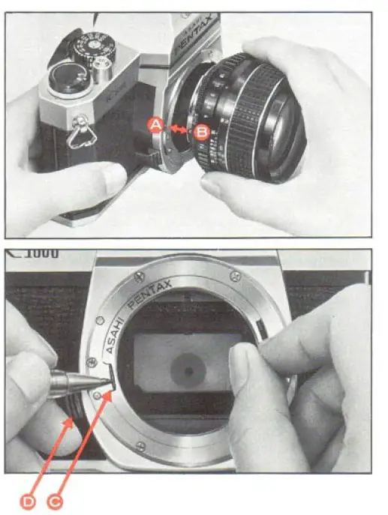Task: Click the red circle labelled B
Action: [x=201, y=133]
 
